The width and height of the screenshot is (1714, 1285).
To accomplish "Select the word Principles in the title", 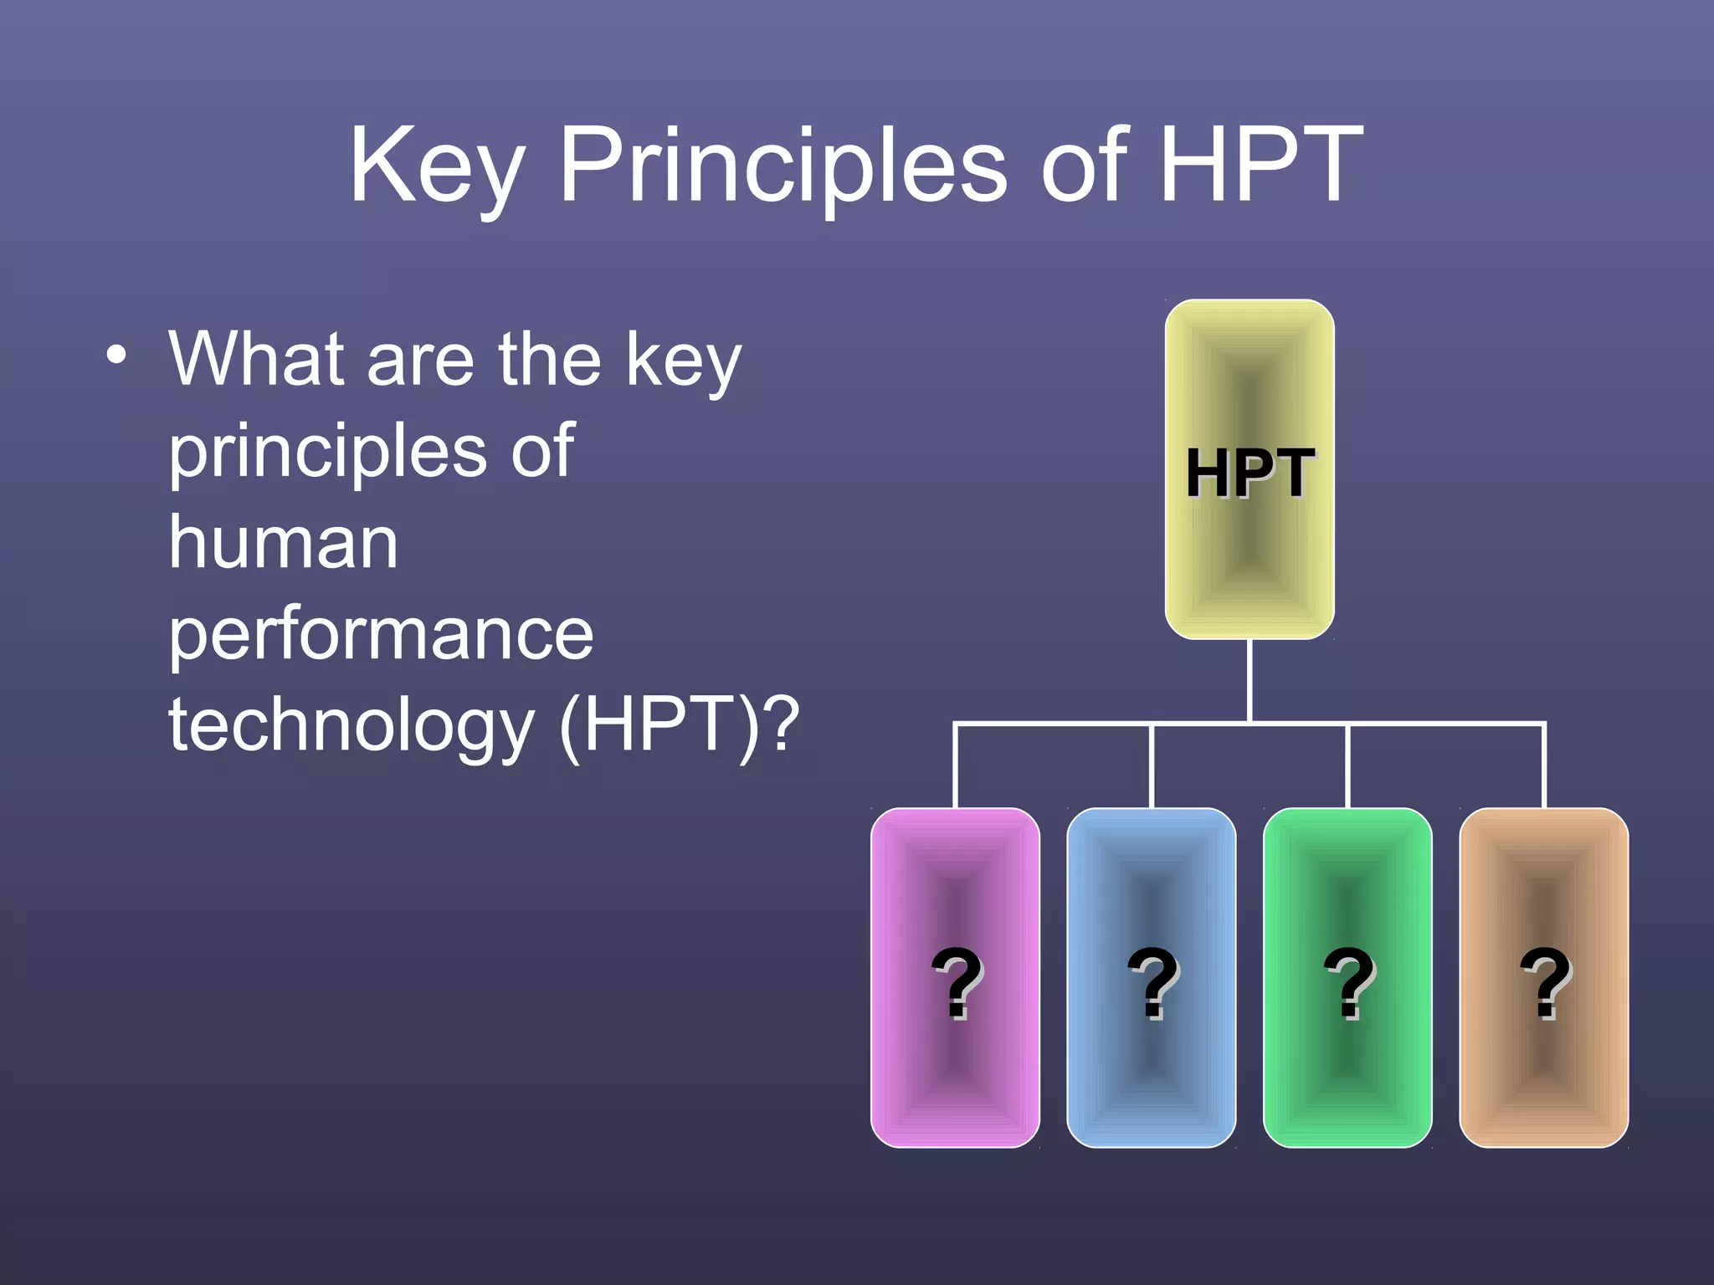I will (783, 167).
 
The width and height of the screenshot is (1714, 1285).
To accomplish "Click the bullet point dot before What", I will (117, 355).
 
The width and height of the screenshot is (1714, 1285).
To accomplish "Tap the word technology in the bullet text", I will (352, 726).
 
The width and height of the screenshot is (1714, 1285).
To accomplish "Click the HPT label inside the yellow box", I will (1250, 473).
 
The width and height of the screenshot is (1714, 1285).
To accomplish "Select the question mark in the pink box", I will (957, 983).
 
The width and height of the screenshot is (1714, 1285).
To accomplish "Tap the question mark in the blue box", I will (1152, 983).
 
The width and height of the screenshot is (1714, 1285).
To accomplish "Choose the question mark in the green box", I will (1348, 983).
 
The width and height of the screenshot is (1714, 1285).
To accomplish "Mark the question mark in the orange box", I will (1545, 983).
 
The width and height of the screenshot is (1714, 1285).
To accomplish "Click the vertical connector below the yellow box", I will (1250, 679).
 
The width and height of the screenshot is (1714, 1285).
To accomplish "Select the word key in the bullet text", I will (683, 361).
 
